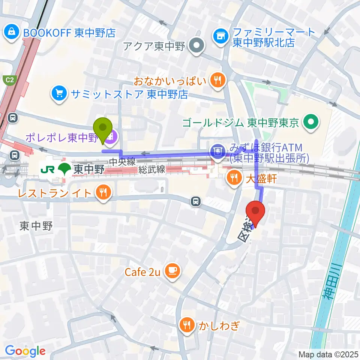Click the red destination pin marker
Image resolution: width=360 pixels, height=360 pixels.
(256, 212)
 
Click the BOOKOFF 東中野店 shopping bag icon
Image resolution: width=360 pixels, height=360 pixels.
(12, 32)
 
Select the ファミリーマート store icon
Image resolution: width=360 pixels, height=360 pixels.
(220, 36)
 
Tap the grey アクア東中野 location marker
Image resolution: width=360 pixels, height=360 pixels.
(196, 47)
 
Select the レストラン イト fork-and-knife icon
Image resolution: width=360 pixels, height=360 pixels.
(102, 193)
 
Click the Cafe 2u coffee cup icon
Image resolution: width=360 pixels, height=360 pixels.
(172, 271)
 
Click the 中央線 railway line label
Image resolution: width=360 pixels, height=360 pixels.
(122, 162)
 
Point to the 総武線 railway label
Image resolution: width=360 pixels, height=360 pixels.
(151, 169)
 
